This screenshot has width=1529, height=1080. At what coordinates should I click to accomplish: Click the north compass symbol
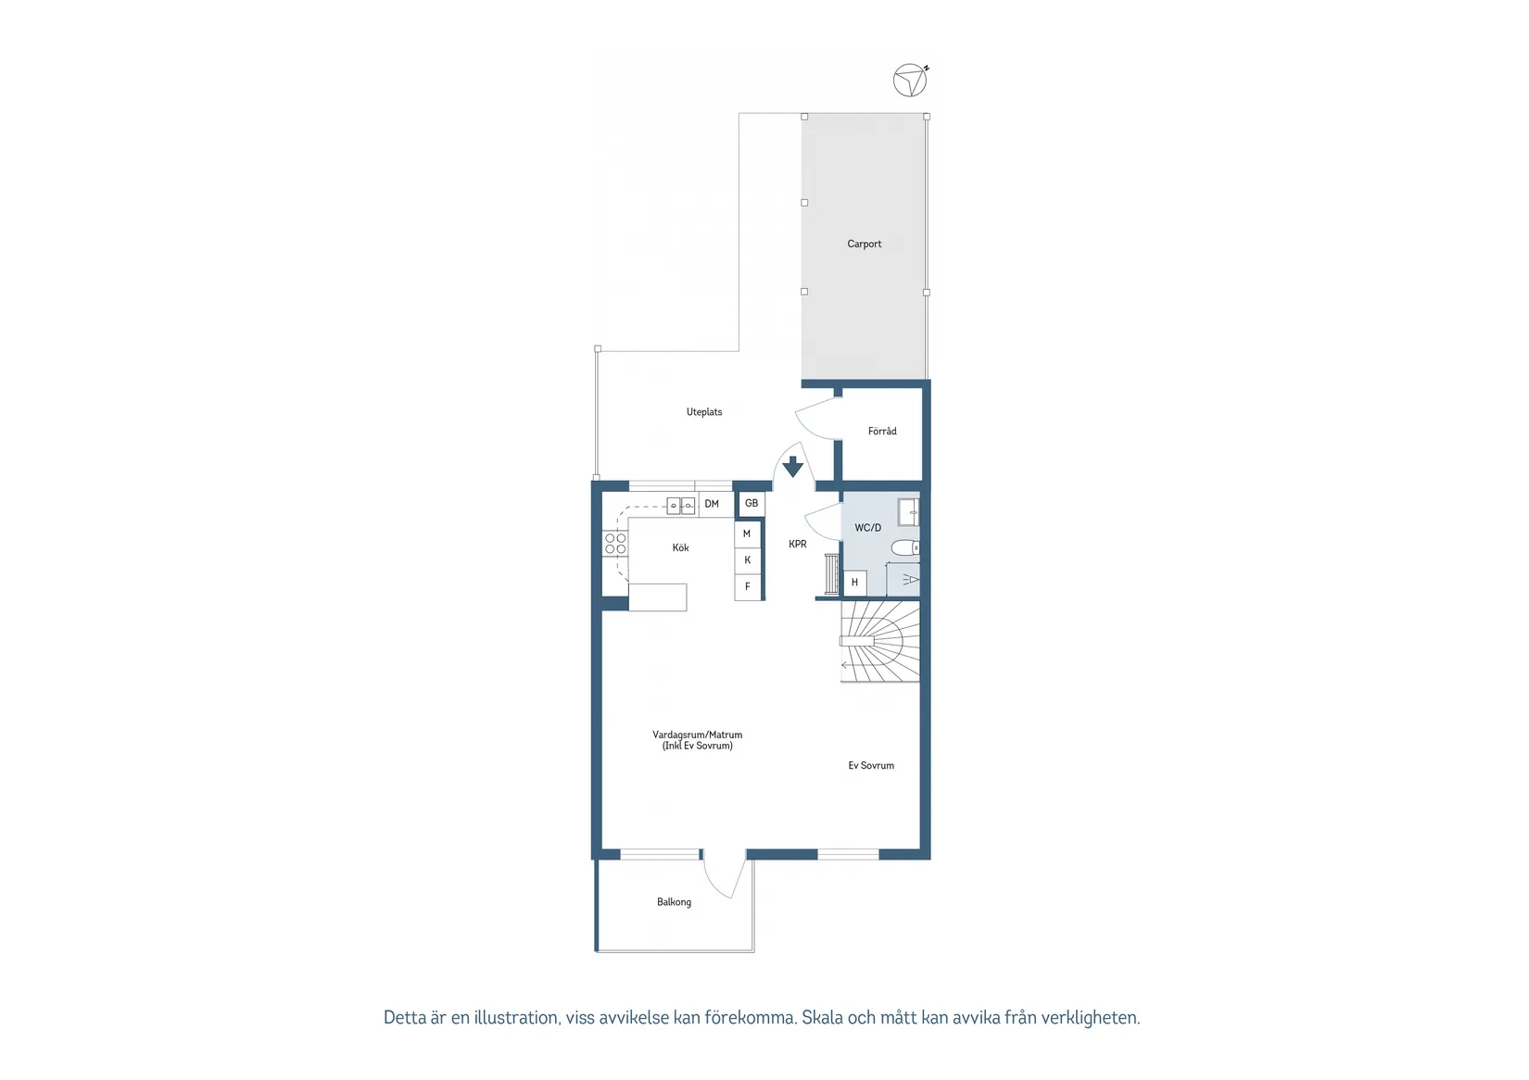[x=910, y=81]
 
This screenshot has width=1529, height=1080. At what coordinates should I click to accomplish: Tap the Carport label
[x=864, y=245]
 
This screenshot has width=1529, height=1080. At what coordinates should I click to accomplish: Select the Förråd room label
[x=882, y=432]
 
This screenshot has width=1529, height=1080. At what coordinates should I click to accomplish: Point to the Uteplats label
[x=704, y=412]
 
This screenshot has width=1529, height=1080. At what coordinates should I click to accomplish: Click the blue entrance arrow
[x=792, y=466]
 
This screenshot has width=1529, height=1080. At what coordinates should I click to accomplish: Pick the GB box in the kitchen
[x=752, y=504]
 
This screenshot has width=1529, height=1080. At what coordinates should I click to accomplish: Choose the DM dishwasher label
[x=712, y=504]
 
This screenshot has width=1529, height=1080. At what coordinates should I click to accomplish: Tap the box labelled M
[x=747, y=534]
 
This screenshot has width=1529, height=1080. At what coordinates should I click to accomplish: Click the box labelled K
[x=747, y=560]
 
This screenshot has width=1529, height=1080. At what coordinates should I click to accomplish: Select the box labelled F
[x=747, y=586]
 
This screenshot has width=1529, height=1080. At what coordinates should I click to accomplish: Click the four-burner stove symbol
[x=615, y=544]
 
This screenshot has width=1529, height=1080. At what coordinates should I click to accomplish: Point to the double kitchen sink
[x=681, y=506]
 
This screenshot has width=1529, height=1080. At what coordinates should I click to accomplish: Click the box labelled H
[x=854, y=583]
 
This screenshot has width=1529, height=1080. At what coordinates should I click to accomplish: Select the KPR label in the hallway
[x=798, y=545]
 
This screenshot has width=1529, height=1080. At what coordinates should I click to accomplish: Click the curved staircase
[x=880, y=641]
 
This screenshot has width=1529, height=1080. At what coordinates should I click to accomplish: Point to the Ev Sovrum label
[x=871, y=766]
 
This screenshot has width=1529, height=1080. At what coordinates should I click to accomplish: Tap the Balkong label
[x=674, y=902]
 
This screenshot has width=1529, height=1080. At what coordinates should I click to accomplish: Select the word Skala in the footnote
[x=822, y=1018]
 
